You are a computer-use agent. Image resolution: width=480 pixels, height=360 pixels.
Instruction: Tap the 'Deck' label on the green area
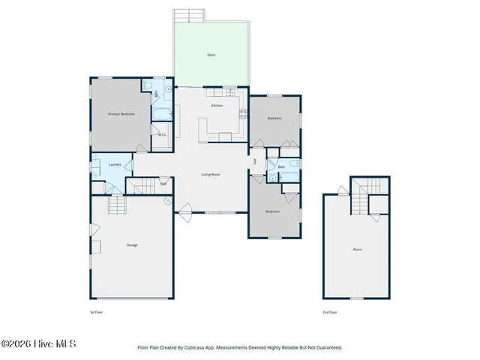point(211,55)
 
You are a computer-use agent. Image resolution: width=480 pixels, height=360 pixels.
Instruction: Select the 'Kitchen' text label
point(217,106)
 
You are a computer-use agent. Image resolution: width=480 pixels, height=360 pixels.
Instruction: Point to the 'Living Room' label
point(210,175)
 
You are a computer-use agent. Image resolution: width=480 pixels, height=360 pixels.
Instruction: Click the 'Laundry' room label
point(115,164)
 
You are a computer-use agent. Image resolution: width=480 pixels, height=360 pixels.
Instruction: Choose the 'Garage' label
point(132,245)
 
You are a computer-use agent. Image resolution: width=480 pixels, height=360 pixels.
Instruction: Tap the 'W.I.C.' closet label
point(161,135)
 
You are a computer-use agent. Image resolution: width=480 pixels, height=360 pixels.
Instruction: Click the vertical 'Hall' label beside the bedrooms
point(255,161)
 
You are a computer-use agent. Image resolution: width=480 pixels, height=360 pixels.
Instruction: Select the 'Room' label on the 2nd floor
point(358,249)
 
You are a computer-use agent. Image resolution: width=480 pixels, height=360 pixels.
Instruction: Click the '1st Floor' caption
point(95,310)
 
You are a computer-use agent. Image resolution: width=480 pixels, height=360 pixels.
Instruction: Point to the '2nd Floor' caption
point(330,310)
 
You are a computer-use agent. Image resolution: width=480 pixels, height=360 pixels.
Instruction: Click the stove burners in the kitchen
point(242,114)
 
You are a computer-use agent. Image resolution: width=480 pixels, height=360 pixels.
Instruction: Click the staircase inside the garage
point(116,205)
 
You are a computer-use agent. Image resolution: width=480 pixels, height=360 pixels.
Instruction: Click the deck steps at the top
point(189,16)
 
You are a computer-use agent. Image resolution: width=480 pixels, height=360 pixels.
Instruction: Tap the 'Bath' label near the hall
point(281,166)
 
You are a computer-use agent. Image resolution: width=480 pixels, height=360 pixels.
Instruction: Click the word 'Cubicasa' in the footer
point(196,348)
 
